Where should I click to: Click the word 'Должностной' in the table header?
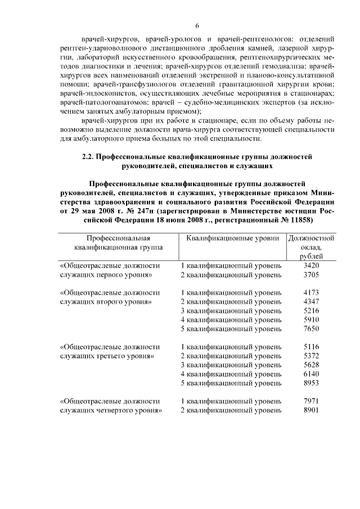[x=311, y=238]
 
